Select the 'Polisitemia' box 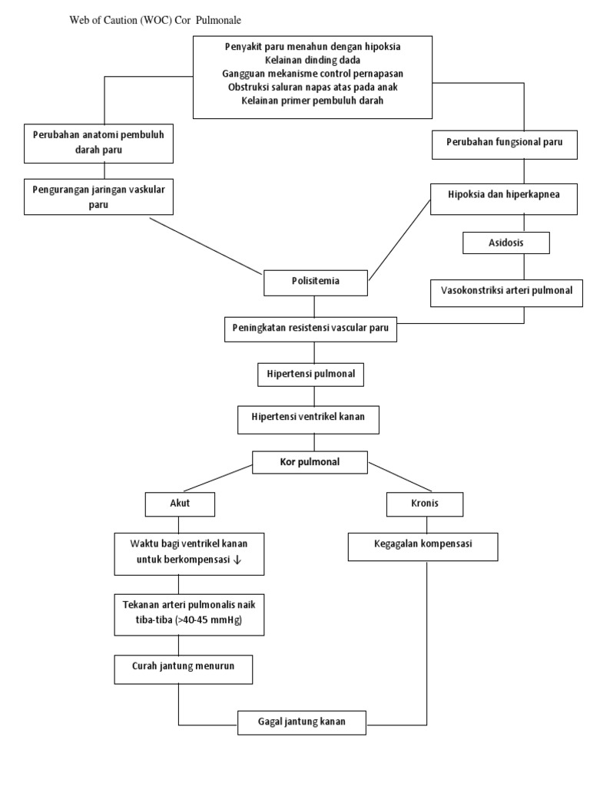click(317, 282)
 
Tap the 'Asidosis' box click(505, 243)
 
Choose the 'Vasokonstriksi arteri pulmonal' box click(506, 291)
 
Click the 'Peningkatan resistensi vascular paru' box click(312, 329)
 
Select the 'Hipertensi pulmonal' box click(310, 375)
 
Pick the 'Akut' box click(179, 504)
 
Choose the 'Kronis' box click(424, 504)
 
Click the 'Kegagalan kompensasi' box click(424, 546)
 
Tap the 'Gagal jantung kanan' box click(301, 722)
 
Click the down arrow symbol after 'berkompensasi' click(237, 560)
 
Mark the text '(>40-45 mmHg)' click(207, 621)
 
